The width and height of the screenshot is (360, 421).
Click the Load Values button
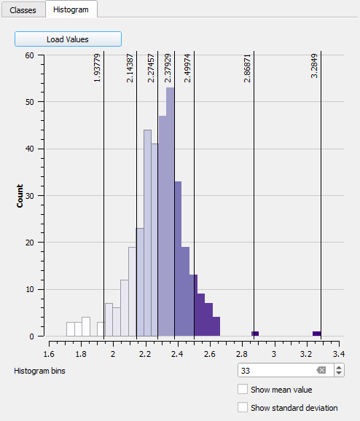[68, 39]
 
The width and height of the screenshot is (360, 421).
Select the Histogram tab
[71, 9]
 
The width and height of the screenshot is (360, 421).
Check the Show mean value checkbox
[243, 390]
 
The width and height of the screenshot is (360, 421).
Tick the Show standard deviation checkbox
[243, 408]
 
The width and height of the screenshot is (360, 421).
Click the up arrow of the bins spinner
[339, 367]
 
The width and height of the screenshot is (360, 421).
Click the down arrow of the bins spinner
[339, 374]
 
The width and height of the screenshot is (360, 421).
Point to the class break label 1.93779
[98, 68]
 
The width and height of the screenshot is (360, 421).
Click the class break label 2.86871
[248, 68]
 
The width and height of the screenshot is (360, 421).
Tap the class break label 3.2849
[314, 66]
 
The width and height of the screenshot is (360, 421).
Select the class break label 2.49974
[188, 68]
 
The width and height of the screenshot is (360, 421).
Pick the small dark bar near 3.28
[317, 334]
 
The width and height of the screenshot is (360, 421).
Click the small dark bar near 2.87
[255, 334]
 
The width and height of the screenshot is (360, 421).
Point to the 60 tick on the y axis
[30, 55]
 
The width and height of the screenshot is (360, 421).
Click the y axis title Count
[20, 195]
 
